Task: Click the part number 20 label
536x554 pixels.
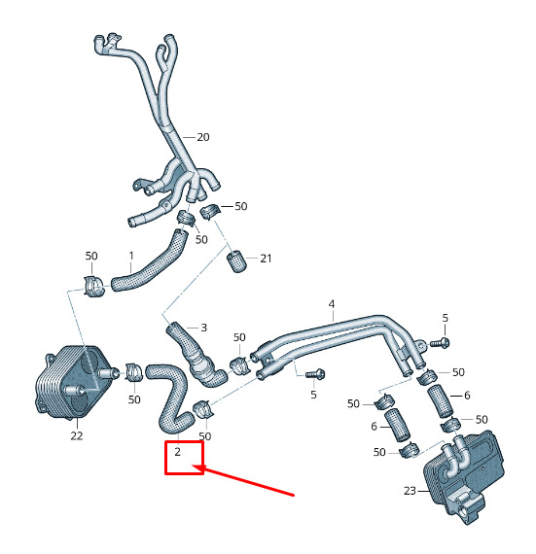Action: click(x=203, y=137)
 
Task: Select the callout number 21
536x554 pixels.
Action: click(x=266, y=259)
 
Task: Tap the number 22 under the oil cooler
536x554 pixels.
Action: click(x=77, y=435)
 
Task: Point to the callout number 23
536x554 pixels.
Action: click(x=410, y=491)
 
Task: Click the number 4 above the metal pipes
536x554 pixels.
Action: click(x=332, y=304)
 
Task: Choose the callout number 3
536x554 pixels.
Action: click(x=203, y=328)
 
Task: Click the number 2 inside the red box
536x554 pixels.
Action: click(x=177, y=452)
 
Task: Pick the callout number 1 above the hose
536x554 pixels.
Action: click(x=131, y=256)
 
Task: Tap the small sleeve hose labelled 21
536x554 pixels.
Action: click(x=235, y=261)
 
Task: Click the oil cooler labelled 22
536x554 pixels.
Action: click(x=71, y=382)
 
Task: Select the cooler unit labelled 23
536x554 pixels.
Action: click(x=463, y=475)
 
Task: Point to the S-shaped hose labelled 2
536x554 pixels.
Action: click(x=172, y=397)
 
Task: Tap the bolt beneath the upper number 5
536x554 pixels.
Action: click(x=440, y=342)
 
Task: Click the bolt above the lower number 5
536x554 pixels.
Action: click(x=315, y=374)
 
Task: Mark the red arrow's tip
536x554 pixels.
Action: click(x=193, y=467)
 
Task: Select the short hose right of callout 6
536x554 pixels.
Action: click(x=441, y=400)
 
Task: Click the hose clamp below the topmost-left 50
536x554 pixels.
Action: click(x=93, y=285)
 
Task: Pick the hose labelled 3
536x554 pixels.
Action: click(x=196, y=356)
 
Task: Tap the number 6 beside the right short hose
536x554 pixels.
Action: click(x=467, y=396)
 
